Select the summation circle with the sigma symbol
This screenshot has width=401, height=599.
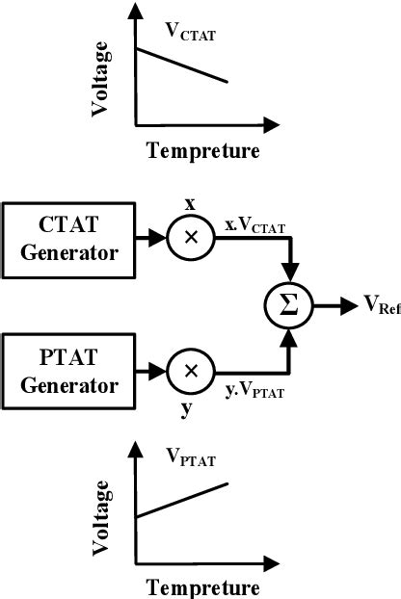click(287, 307)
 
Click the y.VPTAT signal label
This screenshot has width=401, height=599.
click(254, 391)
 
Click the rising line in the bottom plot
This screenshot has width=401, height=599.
click(183, 500)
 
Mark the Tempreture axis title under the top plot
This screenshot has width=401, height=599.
click(202, 151)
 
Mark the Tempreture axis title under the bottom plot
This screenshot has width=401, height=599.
click(202, 586)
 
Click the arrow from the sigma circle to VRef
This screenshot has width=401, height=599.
click(331, 307)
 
